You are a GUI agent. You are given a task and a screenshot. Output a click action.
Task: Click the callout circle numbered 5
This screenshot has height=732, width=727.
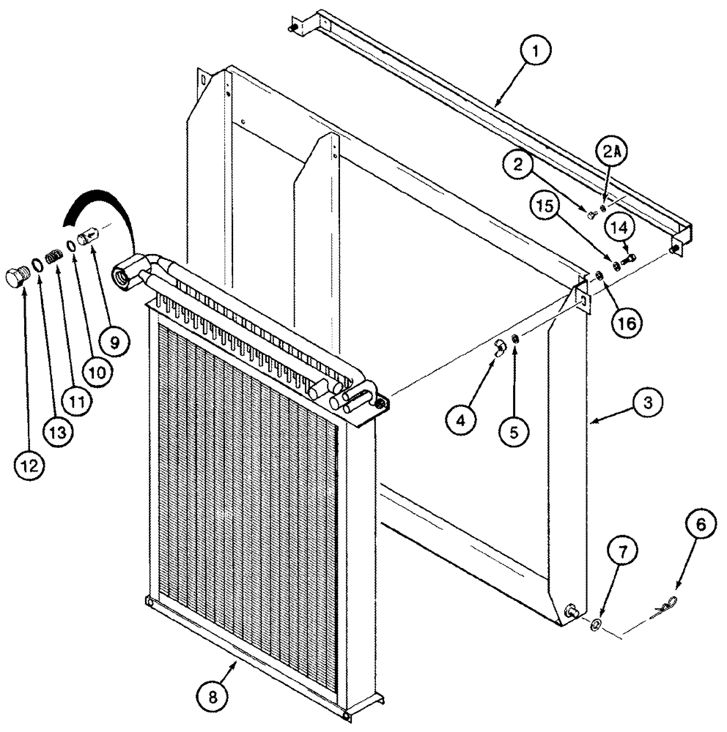click(x=514, y=433)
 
